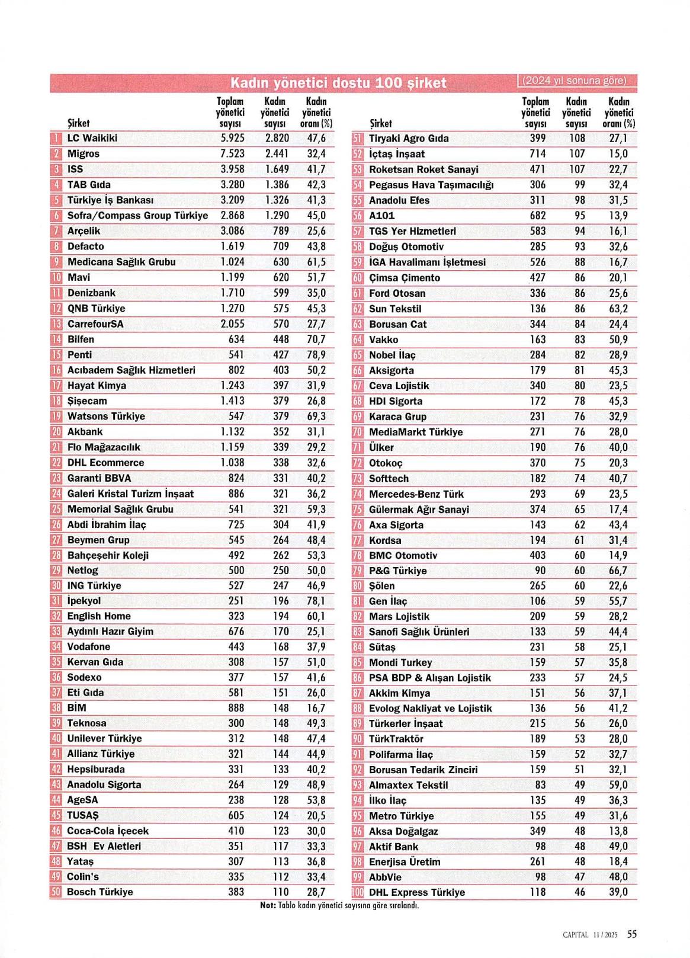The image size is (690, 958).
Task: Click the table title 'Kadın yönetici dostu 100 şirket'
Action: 338,82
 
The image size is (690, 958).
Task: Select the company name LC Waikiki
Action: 92,138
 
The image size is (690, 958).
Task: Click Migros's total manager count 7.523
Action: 232,153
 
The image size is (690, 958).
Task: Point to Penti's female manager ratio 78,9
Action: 316,354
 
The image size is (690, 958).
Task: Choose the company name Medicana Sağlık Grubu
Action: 121,262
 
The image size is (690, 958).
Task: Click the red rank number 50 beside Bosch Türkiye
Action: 56,892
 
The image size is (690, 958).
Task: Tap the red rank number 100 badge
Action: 358,892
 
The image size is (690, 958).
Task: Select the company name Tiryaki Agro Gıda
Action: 409,138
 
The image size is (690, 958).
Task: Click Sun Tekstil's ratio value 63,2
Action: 618,309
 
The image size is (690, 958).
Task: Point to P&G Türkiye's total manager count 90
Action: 540,571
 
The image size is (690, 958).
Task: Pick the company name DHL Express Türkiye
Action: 417,892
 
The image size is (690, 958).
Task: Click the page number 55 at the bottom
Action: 632,934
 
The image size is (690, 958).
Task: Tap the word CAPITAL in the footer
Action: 575,935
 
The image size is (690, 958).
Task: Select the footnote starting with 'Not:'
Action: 339,905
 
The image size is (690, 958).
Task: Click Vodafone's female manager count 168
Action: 281,646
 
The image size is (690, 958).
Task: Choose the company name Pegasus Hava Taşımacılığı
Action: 431,185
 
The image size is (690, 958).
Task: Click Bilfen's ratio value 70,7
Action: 316,339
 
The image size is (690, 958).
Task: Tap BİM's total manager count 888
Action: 236,707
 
